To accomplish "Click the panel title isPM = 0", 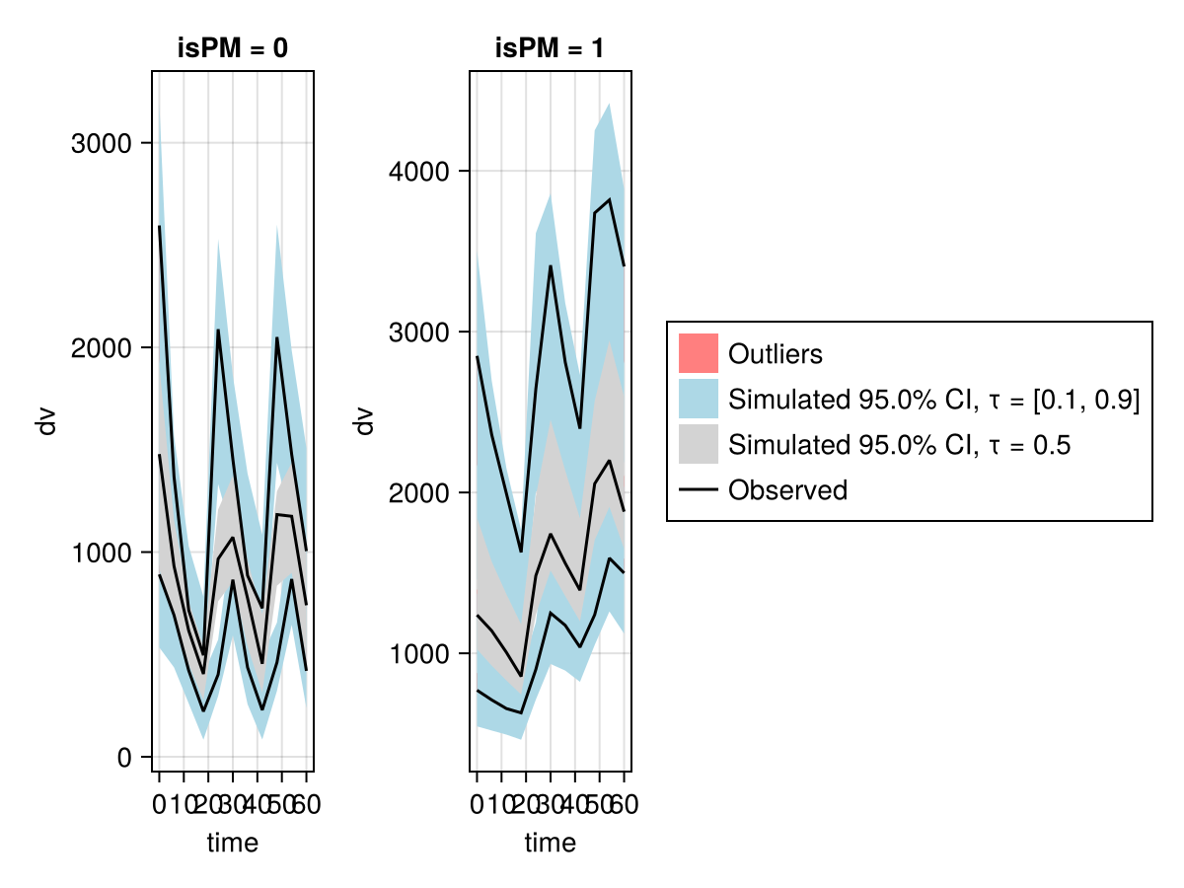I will click(x=233, y=50).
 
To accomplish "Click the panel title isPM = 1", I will click(x=551, y=50).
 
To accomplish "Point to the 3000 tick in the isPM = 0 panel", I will click(x=103, y=143).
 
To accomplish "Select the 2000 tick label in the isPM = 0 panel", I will click(x=103, y=348).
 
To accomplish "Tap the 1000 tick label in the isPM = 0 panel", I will click(x=103, y=554).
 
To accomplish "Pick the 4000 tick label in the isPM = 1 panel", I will click(x=420, y=172).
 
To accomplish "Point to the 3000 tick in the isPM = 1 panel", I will click(x=420, y=333).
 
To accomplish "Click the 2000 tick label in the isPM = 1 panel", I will click(x=420, y=492).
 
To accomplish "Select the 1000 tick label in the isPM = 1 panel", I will click(x=420, y=653).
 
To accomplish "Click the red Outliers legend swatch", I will click(x=698, y=353).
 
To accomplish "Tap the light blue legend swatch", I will click(x=698, y=400).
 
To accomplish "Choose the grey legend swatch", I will click(x=698, y=445).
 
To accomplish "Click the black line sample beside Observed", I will click(x=698, y=490).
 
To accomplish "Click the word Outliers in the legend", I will click(x=775, y=353).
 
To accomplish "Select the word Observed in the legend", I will click(x=787, y=490).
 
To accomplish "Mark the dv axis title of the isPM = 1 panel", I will click(x=364, y=421).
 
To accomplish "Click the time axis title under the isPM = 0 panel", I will click(x=233, y=843).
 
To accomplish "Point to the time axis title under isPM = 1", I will click(x=551, y=843).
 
